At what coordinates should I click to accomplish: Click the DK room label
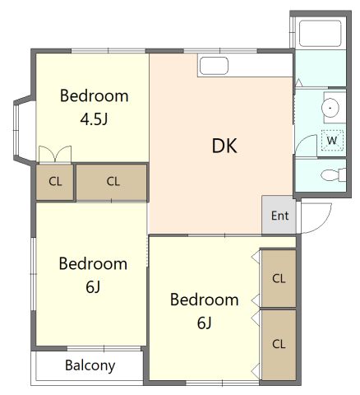(224, 146)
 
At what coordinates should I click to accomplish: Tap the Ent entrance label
(279, 216)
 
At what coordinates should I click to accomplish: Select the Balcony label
(90, 365)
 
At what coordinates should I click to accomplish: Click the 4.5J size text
(94, 119)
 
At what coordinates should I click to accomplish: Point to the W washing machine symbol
(332, 141)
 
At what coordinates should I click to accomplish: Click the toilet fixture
(334, 174)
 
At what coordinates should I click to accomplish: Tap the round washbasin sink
(330, 108)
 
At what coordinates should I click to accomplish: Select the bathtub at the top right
(321, 33)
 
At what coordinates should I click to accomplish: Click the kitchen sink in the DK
(214, 66)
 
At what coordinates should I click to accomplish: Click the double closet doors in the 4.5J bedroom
(55, 154)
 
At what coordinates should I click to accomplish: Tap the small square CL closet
(55, 182)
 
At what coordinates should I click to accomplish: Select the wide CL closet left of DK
(111, 182)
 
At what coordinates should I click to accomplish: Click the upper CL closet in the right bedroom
(279, 278)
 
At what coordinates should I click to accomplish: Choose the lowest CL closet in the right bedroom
(279, 344)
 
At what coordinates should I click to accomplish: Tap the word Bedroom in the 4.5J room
(94, 96)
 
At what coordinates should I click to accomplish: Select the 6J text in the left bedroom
(93, 287)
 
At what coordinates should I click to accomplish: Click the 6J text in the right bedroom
(205, 323)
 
